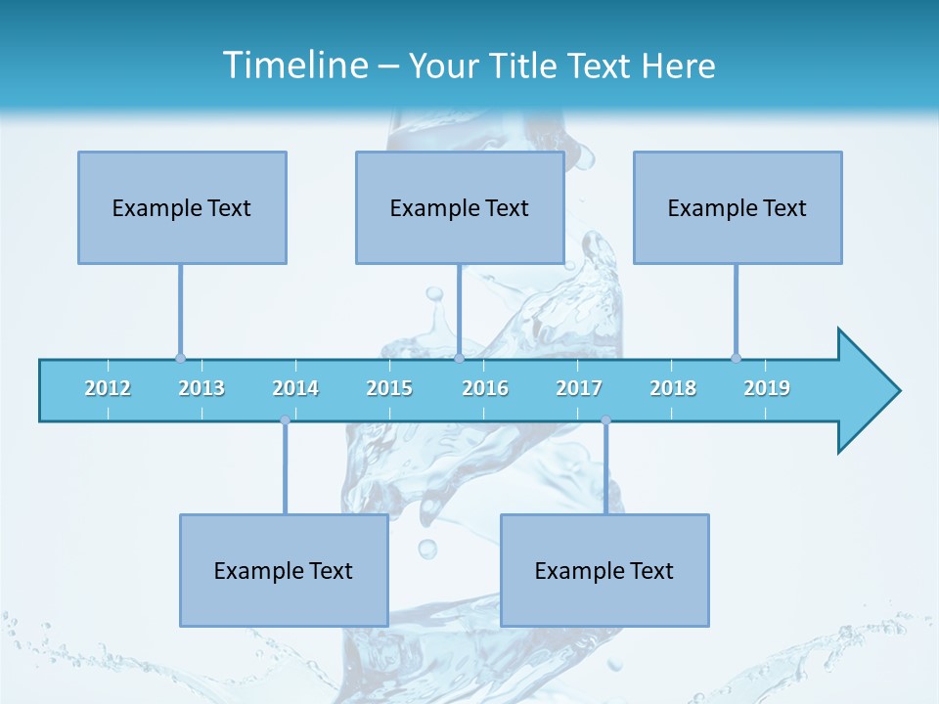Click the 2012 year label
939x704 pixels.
(108, 388)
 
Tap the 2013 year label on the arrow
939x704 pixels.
(201, 388)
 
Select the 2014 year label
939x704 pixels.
(295, 388)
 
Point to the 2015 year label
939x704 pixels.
(389, 388)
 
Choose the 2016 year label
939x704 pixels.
(485, 388)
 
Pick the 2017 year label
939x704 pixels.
(579, 388)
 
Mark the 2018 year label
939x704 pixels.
(673, 388)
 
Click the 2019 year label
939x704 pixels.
(767, 388)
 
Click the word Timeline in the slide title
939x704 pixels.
(294, 66)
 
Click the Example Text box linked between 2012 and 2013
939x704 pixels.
(182, 207)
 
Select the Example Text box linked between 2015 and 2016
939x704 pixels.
(460, 207)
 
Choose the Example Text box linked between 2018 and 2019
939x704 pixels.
(738, 207)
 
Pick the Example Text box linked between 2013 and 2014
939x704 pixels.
(284, 570)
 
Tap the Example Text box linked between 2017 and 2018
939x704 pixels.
(604, 570)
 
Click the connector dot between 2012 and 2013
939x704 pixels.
(180, 358)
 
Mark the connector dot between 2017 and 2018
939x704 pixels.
(606, 420)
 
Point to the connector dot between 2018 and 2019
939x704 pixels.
(736, 358)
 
